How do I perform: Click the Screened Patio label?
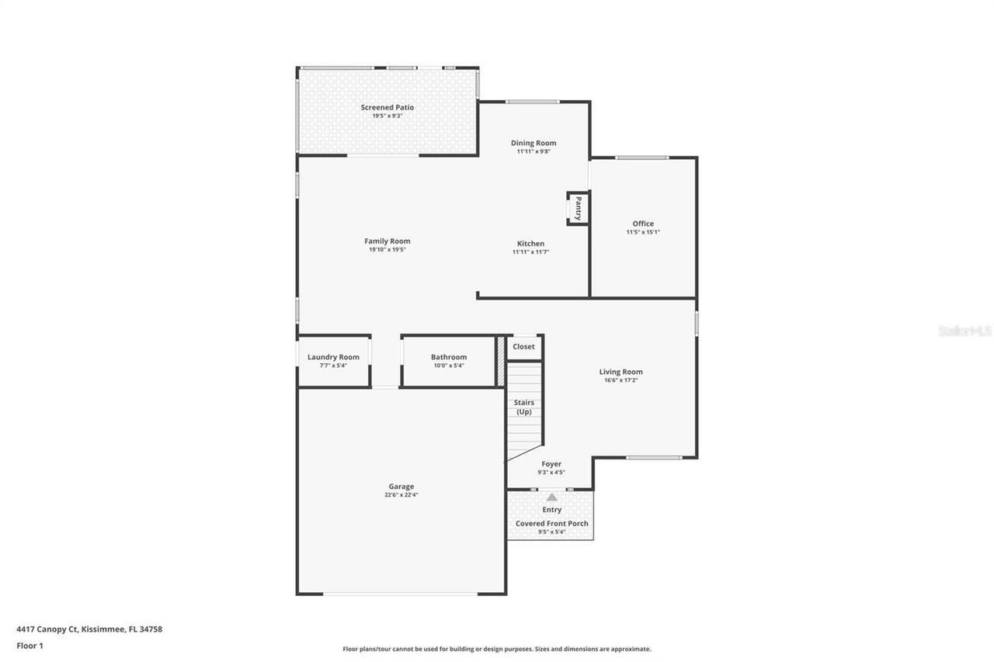tap(387, 107)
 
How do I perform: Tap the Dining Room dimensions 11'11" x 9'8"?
tap(533, 152)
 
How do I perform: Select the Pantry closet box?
tap(578, 208)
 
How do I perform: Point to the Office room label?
tap(643, 224)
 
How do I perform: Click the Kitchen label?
tap(531, 244)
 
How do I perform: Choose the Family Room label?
tap(387, 241)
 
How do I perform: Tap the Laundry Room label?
tap(333, 357)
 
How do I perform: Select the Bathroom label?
tap(449, 357)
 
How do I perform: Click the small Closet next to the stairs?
tap(524, 347)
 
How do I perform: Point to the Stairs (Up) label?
tap(524, 407)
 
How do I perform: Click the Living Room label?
tap(620, 372)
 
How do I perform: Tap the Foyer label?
tap(551, 464)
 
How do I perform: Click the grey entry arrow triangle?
tap(551, 497)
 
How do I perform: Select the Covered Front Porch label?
tap(551, 524)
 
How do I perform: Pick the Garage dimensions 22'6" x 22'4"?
tap(401, 495)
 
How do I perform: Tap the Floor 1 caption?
tap(30, 646)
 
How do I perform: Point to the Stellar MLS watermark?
tap(964, 331)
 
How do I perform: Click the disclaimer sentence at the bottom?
tap(497, 649)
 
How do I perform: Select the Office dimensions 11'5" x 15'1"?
tap(643, 232)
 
